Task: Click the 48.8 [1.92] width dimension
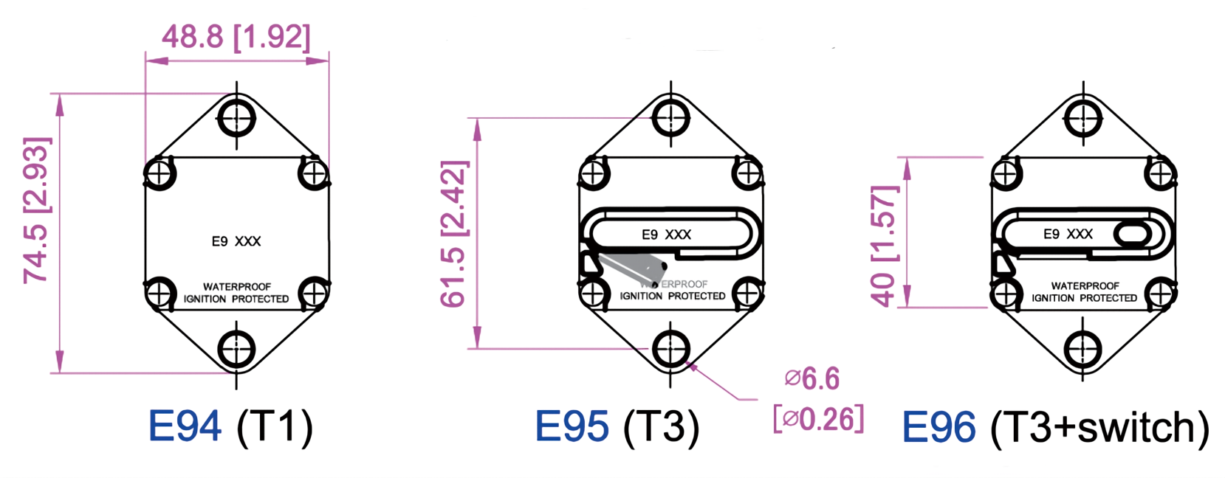coord(236,36)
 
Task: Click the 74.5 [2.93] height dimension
coord(36,210)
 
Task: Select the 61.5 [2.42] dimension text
coord(453,233)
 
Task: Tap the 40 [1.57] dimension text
coord(884,246)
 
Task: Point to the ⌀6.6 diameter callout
coord(812,379)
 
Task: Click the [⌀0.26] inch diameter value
coord(818,419)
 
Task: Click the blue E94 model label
coord(185,426)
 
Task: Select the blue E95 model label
coord(572,426)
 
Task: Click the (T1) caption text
coord(275,426)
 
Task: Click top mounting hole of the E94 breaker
coord(236,117)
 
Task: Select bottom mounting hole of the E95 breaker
coord(670,349)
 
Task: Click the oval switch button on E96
coord(1131,235)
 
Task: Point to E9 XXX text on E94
coord(236,241)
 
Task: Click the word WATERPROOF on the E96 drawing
coord(1085,285)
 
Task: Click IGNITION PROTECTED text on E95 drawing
coord(673,296)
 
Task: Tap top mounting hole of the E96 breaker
coord(1083,117)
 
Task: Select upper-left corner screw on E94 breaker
coord(159,174)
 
